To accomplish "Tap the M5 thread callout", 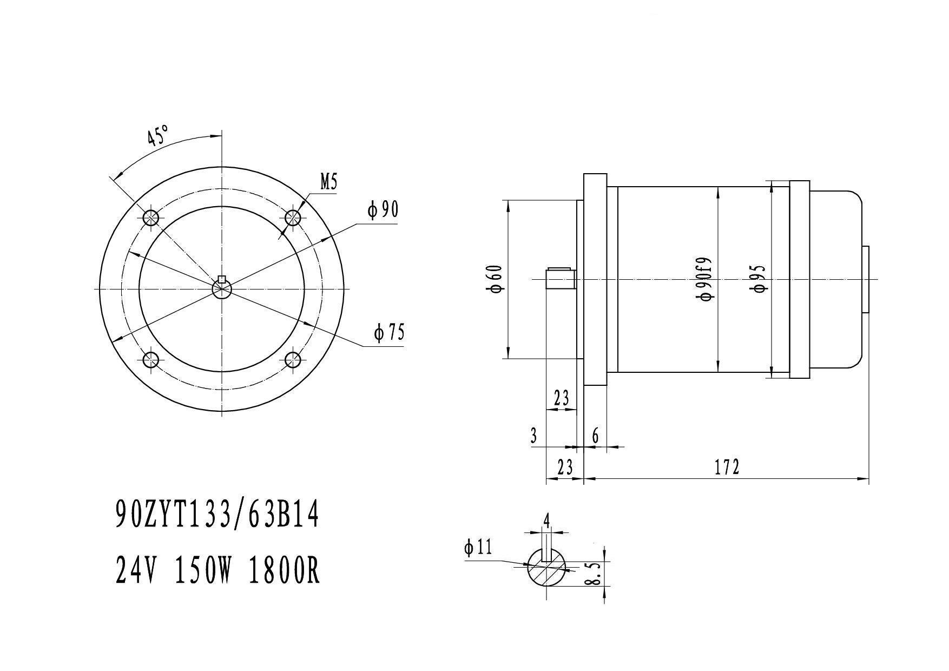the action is tap(329, 182).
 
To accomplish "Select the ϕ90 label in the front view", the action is tap(383, 209).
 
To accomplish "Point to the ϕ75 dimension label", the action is tap(389, 333).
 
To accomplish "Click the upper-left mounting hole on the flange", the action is tap(151, 218).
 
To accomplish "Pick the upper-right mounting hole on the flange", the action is tap(293, 218).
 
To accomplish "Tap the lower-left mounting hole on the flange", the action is tap(151, 360).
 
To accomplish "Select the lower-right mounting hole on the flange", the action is tap(293, 360).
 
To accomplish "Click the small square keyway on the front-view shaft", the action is tap(221, 279).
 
